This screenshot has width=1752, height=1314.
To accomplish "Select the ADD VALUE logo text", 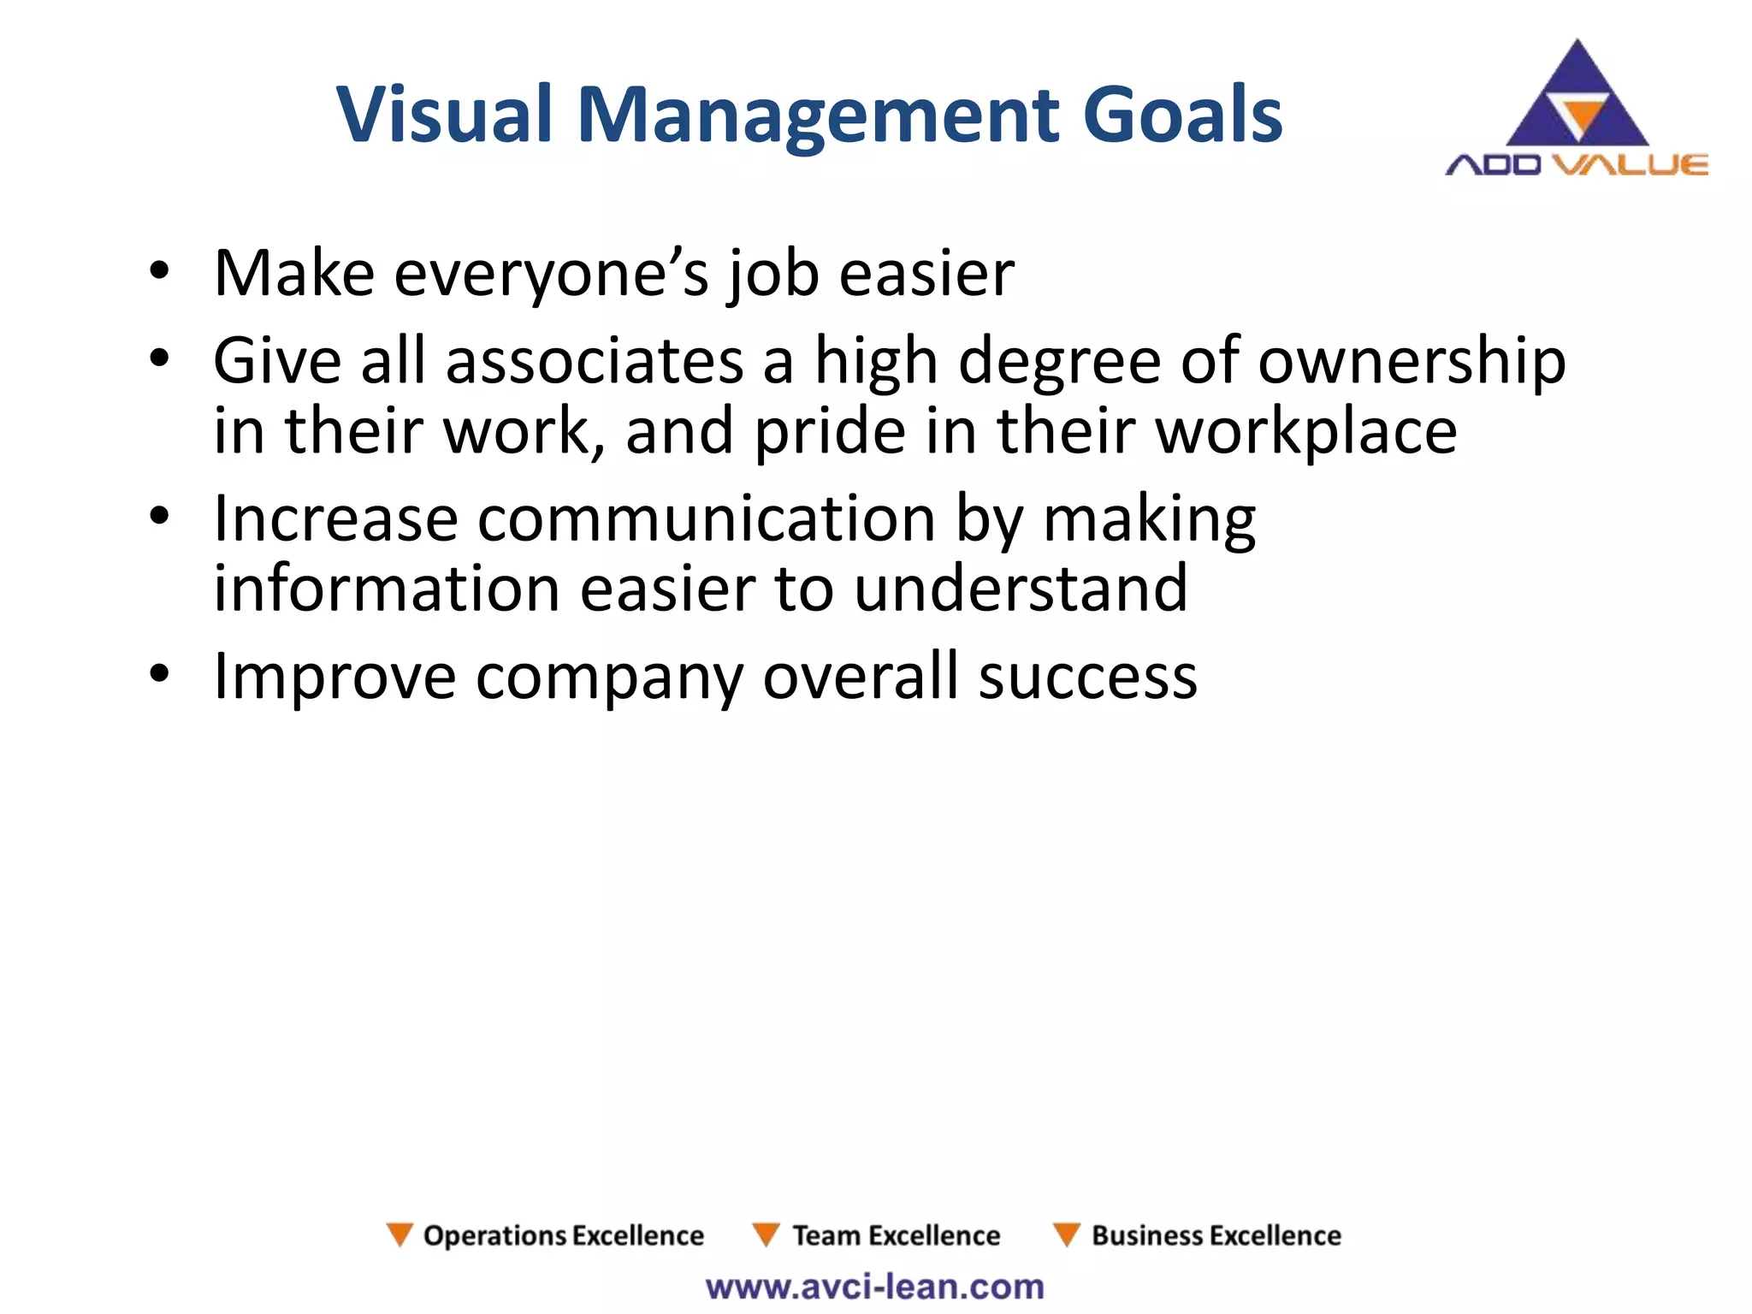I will point(1577,164).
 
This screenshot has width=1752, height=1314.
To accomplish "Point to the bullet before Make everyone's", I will point(159,272).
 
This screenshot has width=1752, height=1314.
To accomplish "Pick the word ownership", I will point(1412,361).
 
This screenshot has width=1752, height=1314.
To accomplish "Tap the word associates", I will point(595,361).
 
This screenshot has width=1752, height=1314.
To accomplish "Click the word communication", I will point(706,519).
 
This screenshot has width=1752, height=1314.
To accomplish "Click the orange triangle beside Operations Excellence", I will point(400,1234).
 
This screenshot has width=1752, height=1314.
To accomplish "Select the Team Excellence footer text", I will point(896,1235).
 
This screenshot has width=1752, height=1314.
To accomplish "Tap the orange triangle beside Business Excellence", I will point(1067,1234).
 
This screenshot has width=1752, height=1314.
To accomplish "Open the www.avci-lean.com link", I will point(875,1287).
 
